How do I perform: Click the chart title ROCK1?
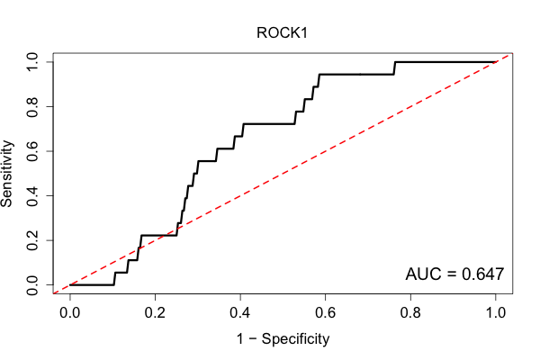[x=282, y=33]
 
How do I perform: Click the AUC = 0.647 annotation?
[x=454, y=274]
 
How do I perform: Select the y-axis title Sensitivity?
[x=7, y=174]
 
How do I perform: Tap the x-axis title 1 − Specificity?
[x=283, y=338]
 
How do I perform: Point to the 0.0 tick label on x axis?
[x=69, y=313]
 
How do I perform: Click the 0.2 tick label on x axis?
[x=155, y=313]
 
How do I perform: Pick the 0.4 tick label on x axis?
[x=239, y=313]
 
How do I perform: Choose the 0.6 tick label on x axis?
[x=325, y=313]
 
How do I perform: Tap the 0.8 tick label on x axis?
[x=410, y=313]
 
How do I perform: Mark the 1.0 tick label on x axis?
[x=495, y=313]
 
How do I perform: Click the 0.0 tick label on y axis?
[x=32, y=285]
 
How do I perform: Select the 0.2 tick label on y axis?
[x=32, y=240]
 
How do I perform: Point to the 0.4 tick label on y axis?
[x=32, y=195]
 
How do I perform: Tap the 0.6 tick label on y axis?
[x=32, y=151]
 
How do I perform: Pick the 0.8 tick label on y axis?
[x=32, y=107]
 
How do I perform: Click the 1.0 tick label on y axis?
[x=32, y=62]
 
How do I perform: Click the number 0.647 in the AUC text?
[x=482, y=274]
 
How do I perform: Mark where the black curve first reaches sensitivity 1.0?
[x=395, y=62]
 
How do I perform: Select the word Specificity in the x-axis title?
[x=295, y=339]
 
